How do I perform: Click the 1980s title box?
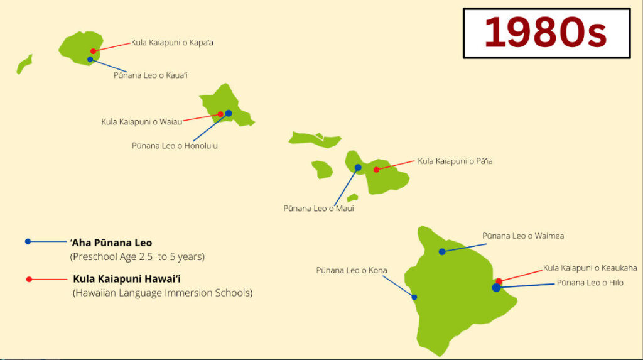tap(546, 33)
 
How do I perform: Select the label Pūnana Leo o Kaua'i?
tap(151, 75)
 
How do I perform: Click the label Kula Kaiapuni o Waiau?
tap(142, 121)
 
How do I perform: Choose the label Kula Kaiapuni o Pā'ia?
tap(455, 161)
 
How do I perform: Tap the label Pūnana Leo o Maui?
tap(318, 209)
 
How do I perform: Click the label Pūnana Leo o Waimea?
tap(523, 236)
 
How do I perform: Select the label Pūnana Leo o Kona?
tap(352, 271)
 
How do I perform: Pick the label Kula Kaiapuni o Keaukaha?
tap(590, 268)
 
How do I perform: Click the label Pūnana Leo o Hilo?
tap(590, 283)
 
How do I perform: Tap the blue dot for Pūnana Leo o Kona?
tap(414, 297)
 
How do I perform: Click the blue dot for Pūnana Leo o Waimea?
tap(442, 251)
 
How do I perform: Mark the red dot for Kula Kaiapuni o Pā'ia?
tap(376, 170)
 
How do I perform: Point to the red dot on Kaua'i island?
tap(93, 51)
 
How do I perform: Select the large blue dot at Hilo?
tap(496, 288)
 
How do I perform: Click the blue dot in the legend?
tap(28, 241)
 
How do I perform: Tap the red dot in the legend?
tap(29, 279)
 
